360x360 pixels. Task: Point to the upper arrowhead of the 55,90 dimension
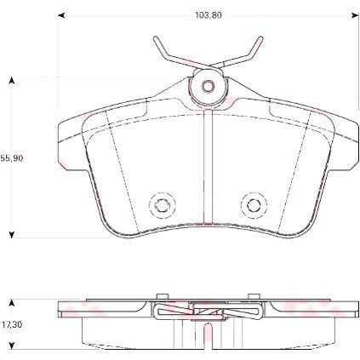coord(11,81)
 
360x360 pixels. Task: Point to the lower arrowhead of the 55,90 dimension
coord(11,232)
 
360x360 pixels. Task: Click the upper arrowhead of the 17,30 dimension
coord(11,300)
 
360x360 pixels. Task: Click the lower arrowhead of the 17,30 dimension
coord(11,346)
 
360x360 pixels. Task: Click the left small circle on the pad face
coord(160,204)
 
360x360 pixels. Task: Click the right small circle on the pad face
coord(251,204)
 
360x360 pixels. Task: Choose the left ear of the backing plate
coord(68,132)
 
